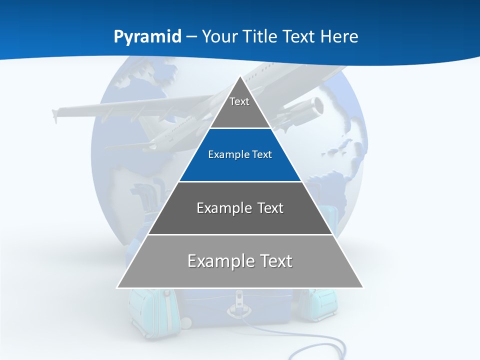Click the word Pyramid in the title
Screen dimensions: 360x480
(147, 37)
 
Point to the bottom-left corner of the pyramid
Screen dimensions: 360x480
(117, 287)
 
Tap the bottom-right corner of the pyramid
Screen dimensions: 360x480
(363, 287)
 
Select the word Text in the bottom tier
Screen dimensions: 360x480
(273, 261)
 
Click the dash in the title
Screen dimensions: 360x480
(191, 37)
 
